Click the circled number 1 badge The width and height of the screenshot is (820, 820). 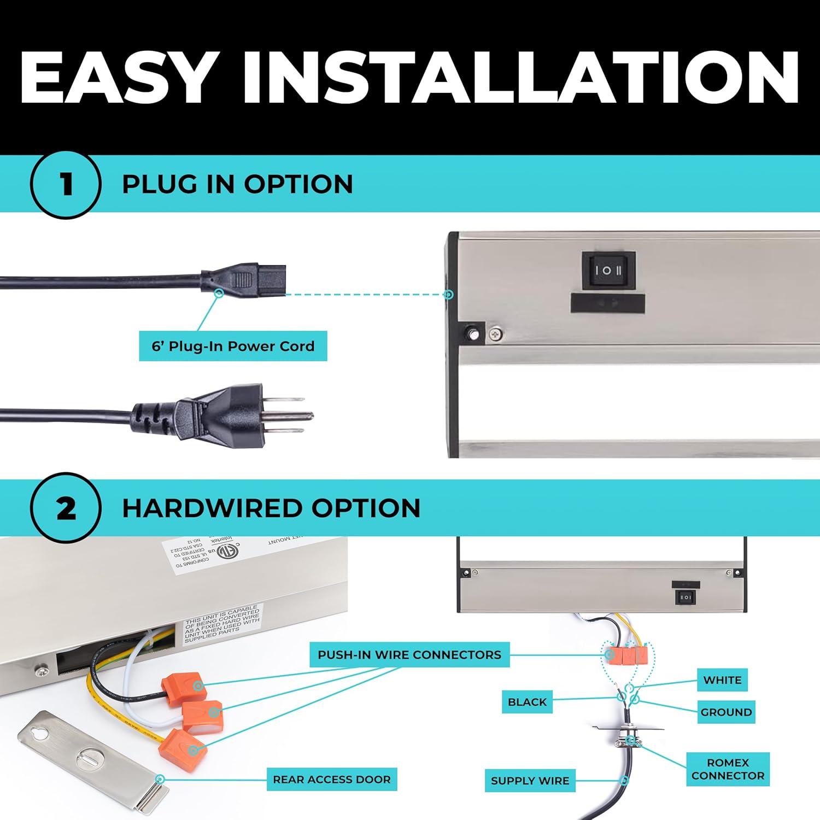point(66,184)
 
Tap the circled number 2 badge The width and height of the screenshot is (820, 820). point(66,508)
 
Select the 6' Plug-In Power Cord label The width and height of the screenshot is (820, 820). point(233,346)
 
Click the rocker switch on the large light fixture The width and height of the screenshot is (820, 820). point(608,270)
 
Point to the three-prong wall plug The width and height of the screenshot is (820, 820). point(219,414)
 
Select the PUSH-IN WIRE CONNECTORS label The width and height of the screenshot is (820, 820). point(409,655)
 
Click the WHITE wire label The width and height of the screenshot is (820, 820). point(722,680)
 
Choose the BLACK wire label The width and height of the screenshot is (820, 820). point(527,702)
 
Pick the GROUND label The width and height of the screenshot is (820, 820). point(726,712)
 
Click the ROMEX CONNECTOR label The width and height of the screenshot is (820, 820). point(728,769)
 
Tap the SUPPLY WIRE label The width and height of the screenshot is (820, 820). point(530,781)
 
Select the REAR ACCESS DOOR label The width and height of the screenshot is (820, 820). point(332,780)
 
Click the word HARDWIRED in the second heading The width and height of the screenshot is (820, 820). point(210,508)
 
